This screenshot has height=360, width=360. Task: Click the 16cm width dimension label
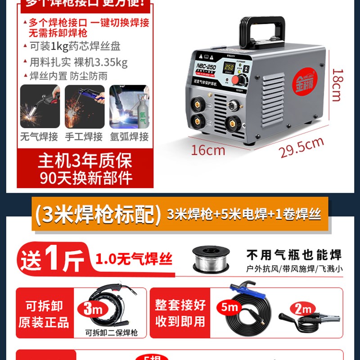click(208, 149)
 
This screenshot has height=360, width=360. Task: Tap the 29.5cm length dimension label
click(301, 147)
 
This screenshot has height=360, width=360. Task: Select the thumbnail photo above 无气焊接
click(40, 107)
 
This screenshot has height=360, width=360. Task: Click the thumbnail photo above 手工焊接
click(85, 107)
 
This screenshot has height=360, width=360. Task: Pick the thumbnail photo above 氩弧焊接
click(129, 107)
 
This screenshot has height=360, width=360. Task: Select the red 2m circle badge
click(302, 309)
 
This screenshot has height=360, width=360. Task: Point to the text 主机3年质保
click(85, 162)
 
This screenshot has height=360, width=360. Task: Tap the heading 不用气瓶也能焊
click(294, 255)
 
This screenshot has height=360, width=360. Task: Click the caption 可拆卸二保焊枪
click(111, 333)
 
